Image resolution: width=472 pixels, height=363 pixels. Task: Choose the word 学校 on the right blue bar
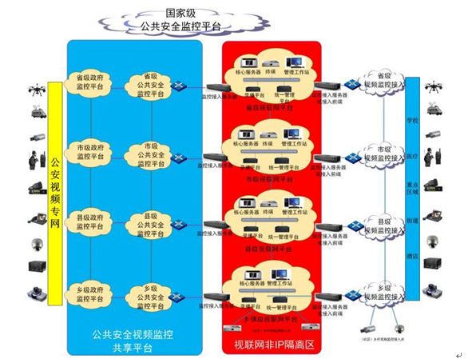[412, 121]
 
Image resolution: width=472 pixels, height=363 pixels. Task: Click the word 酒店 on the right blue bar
[412, 257]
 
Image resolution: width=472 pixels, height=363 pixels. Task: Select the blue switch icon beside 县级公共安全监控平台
[183, 225]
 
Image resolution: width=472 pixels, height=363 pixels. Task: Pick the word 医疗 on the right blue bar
[412, 156]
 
